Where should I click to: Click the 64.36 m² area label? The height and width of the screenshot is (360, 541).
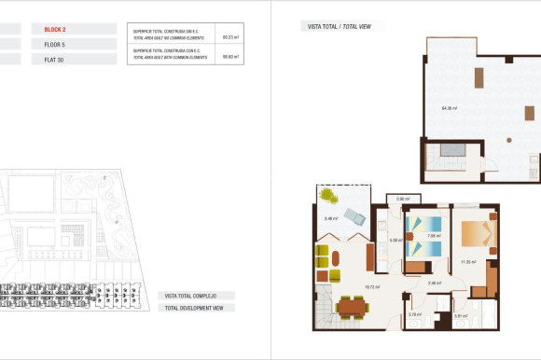coord(449,108)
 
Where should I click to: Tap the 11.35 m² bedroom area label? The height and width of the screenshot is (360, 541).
coord(467,262)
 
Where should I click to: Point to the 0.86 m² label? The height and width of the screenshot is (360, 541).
coord(403,199)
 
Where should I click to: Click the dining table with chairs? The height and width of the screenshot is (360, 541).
coord(351,305)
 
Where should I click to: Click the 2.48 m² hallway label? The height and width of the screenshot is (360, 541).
coord(433,283)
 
